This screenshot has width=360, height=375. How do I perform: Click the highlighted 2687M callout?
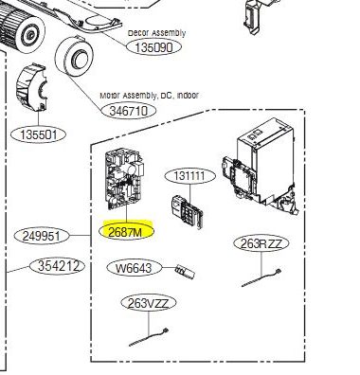pos(126,232)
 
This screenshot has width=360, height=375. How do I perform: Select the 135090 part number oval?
pos(154,47)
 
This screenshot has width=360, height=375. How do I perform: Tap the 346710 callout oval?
pos(129,111)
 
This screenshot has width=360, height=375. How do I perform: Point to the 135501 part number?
pos(39,135)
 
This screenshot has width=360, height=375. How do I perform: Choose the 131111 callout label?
pos(189,176)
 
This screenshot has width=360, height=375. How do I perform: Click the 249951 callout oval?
pos(42,236)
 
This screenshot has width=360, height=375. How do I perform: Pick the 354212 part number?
pos(58,266)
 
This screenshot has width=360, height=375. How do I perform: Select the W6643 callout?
pos(135,268)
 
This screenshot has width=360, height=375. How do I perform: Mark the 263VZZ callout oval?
pos(149,303)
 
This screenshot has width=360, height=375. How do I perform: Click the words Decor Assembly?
pos(157,33)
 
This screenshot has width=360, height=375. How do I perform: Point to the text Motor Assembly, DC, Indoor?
pos(149,95)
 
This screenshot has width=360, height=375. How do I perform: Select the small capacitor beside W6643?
pos(185,272)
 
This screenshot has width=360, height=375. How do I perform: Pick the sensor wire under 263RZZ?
pos(261,277)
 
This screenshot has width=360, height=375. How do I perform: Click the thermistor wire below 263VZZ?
pos(149,338)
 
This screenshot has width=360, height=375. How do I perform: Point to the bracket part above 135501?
pos(31,87)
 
